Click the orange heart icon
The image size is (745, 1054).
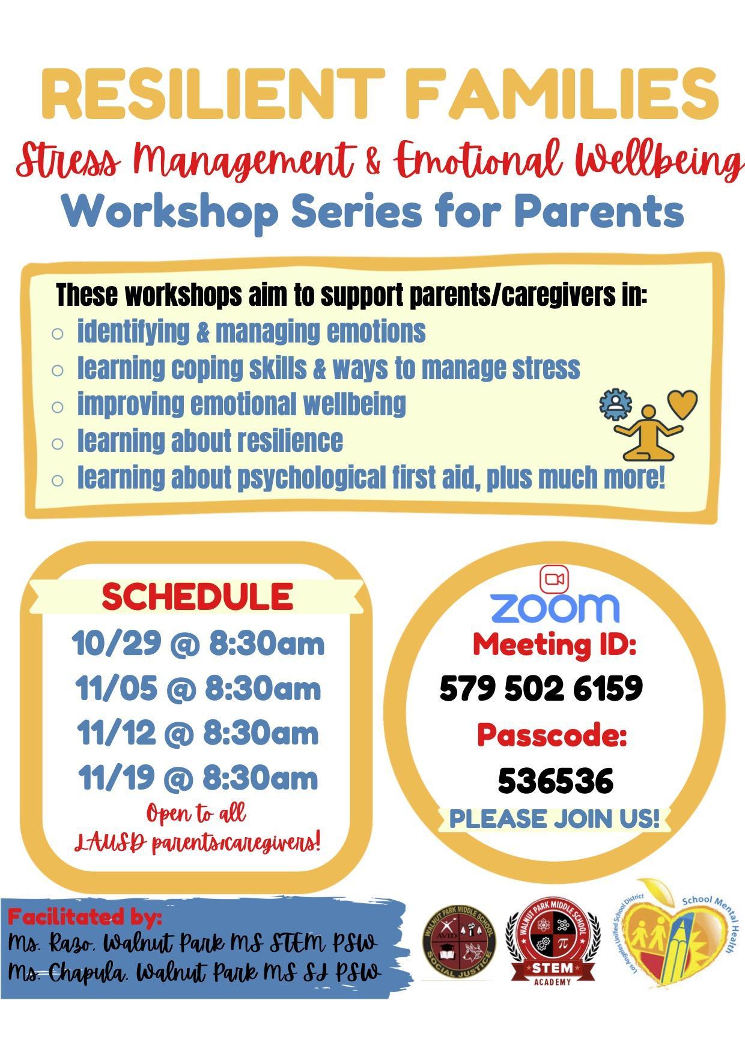tap(683, 404)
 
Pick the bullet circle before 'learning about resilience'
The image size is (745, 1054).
tap(58, 444)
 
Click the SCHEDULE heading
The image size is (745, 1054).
tap(197, 596)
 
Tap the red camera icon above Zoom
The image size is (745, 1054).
tap(555, 579)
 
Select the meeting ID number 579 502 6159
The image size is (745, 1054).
tap(541, 688)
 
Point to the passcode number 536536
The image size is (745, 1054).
tap(555, 780)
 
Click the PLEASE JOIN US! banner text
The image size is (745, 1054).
tap(555, 818)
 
